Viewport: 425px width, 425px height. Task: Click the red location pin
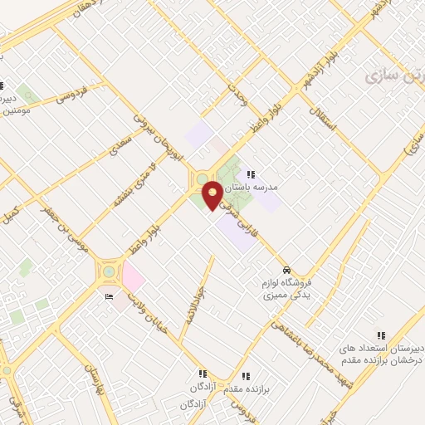click(213, 194)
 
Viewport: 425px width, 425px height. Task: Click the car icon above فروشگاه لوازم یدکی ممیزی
click(286, 271)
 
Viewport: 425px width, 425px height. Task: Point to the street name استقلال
click(321, 121)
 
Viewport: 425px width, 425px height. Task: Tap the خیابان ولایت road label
click(149, 311)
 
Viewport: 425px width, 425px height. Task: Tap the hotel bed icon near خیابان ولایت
click(110, 297)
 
